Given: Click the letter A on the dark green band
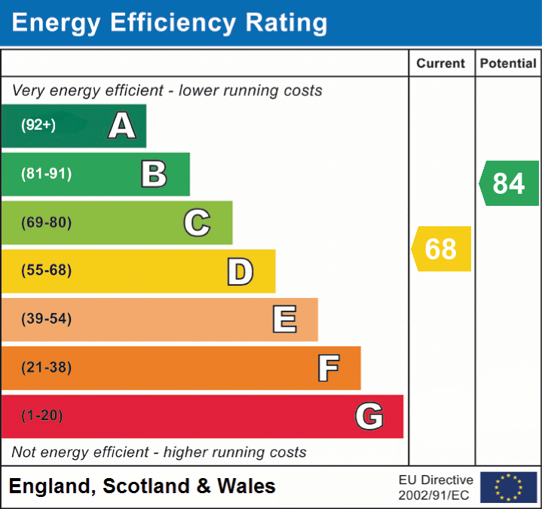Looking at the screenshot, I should pos(122,125).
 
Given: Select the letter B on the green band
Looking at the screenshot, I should pos(154,174).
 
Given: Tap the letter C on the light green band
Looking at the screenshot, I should pos(197,222).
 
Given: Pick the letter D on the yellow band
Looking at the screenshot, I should pos(240,271).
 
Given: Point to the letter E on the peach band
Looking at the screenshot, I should pos(283,320).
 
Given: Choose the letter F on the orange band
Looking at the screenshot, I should pos(327,368).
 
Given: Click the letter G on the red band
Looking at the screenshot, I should pos(369,416).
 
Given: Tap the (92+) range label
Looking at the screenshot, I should pos(38,125).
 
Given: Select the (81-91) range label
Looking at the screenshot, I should pos(46,174).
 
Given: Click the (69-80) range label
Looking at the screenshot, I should pos(46,222).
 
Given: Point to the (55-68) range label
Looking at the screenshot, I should pos(46,271).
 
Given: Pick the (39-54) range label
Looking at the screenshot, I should pos(46,319).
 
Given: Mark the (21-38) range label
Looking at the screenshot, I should pos(46,368).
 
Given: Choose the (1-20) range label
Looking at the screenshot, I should pos(42,416).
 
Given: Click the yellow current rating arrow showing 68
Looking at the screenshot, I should pos(442,249).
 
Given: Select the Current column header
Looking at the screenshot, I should pos(441,64).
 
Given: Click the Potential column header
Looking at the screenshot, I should pos(508,64).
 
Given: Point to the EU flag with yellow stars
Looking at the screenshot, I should pos(508,487).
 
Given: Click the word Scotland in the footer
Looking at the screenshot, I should pos(146,486).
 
